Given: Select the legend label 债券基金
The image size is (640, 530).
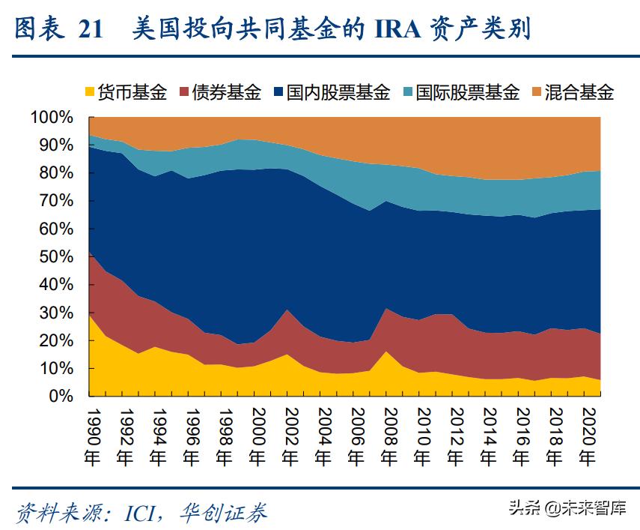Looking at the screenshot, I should click(226, 92).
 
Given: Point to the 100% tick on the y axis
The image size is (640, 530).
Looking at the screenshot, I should click(52, 118).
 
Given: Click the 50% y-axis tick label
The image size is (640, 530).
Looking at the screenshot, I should click(56, 257).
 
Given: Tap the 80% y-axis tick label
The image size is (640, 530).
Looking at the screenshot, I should click(56, 173).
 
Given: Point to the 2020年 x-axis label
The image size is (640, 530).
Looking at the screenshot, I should click(588, 436).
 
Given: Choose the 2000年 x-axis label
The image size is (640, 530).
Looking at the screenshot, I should click(257, 436).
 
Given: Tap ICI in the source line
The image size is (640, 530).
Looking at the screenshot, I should click(145, 513).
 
